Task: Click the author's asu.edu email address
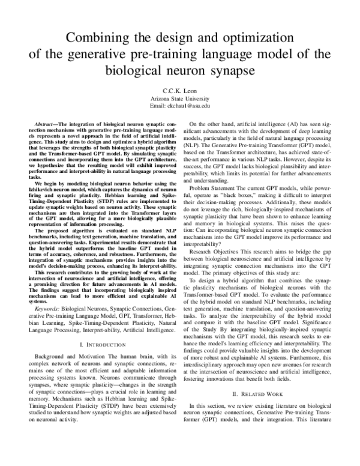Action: point(180,105)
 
